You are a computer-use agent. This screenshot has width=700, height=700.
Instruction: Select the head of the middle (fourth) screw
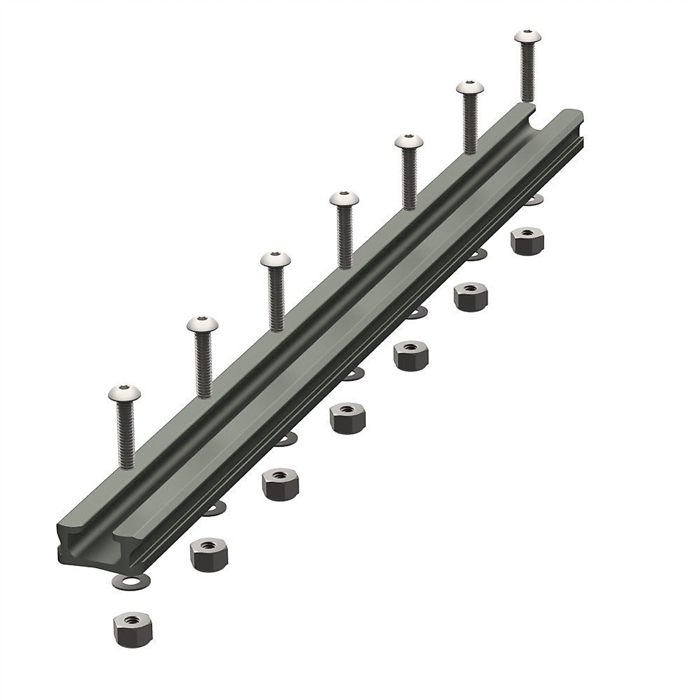pos(343,200)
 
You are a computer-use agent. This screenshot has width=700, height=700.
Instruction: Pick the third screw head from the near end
pos(272,261)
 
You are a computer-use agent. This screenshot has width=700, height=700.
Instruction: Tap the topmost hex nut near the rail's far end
pos(528,240)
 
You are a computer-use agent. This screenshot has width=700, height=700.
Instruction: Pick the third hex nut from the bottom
pos(277,483)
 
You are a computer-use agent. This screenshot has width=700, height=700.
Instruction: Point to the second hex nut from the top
pos(470,296)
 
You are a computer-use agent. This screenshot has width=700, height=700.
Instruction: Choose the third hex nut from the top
pos(410,355)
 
